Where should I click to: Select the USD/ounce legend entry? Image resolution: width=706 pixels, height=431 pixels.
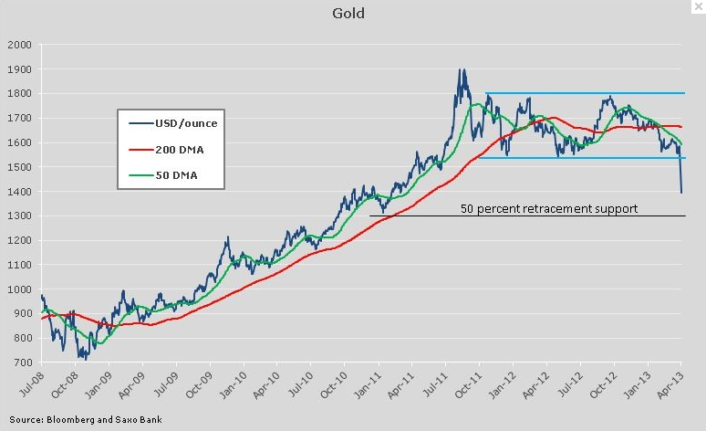coord(185,122)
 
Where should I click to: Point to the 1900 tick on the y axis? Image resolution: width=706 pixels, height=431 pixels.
coord(19,68)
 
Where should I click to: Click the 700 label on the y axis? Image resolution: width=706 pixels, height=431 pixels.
coord(22,363)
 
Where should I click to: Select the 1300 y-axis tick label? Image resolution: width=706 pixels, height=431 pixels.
coord(19,216)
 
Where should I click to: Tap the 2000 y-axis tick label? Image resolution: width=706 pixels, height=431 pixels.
coord(19,44)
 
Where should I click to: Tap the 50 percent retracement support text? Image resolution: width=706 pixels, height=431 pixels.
coord(548,208)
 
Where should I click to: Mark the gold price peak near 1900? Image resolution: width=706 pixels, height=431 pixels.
coord(462,70)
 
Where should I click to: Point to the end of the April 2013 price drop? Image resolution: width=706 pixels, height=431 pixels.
coord(681,192)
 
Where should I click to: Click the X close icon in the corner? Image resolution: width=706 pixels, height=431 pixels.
coord(698,7)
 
